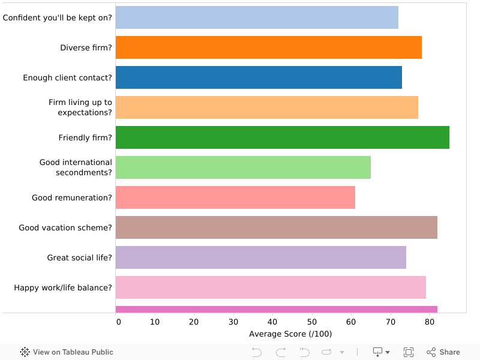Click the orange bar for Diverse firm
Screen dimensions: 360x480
[268, 47]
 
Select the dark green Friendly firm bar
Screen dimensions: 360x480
[282, 137]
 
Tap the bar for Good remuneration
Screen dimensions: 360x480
[235, 197]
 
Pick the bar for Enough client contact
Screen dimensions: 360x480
[259, 77]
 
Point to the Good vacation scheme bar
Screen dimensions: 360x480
[276, 227]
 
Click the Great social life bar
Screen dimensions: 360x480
[260, 257]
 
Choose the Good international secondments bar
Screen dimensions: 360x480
[243, 167]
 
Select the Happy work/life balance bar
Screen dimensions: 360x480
[271, 287]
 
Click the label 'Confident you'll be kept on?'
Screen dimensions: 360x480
[58, 17]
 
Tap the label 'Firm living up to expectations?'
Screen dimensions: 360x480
[80, 107]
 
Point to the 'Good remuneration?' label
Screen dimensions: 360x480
[72, 197]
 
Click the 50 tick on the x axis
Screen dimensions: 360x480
[311, 322]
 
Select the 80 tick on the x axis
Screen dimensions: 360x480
[428, 322]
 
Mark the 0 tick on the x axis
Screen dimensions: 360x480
[118, 322]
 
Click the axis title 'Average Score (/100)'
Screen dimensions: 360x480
[290, 334]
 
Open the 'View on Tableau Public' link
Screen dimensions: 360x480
[67, 352]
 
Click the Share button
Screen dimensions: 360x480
[443, 352]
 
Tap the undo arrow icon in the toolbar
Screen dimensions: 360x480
[257, 352]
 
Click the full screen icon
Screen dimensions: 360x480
[409, 352]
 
